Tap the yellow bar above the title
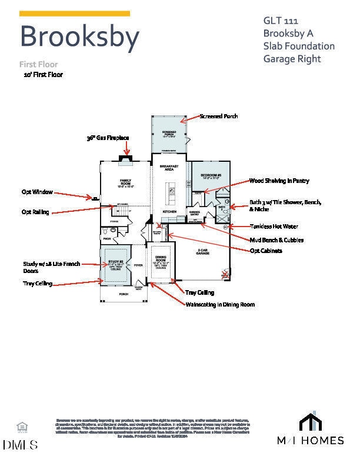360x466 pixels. click(x=75, y=13)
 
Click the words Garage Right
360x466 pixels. click(x=293, y=58)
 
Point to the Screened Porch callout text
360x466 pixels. click(x=219, y=116)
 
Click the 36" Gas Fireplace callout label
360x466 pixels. click(x=108, y=138)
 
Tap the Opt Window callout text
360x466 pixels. click(x=37, y=192)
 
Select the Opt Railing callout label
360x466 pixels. click(x=35, y=212)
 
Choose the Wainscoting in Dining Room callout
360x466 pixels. click(x=220, y=304)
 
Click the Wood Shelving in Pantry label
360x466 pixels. click(x=279, y=181)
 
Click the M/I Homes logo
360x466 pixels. click(x=311, y=430)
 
